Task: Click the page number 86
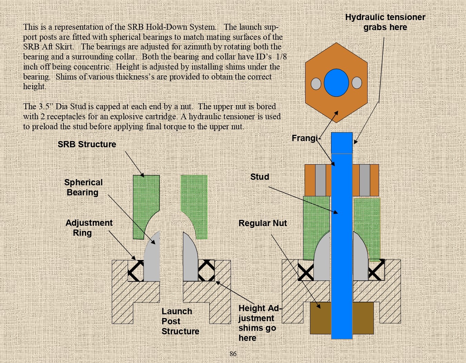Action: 233,354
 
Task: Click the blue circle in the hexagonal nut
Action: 336,83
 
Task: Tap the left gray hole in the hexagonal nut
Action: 316,84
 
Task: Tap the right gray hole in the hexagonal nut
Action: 357,83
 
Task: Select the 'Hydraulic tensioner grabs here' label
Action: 385,22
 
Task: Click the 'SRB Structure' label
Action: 87,145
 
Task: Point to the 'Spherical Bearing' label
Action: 83,187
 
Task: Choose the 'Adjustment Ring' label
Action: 89,228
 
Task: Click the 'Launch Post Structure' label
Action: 180,321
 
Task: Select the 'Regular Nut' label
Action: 262,223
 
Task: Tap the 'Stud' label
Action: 260,177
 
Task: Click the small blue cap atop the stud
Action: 342,143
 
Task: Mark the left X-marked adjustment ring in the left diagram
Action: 136,270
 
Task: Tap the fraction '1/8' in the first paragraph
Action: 281,57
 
